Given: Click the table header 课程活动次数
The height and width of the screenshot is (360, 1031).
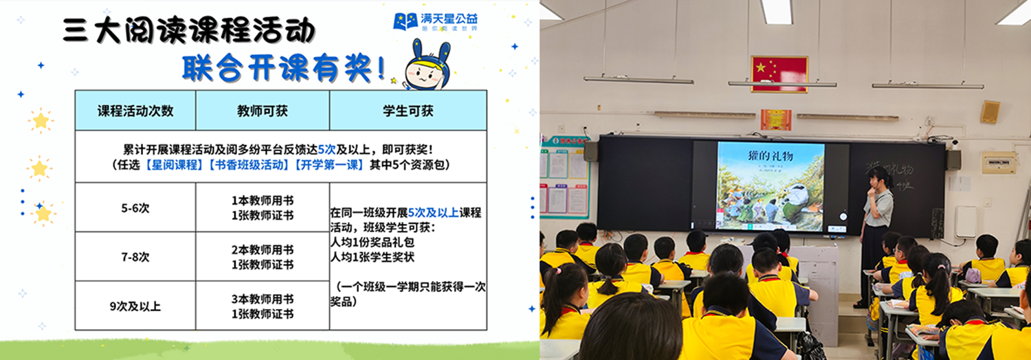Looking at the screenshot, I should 135,111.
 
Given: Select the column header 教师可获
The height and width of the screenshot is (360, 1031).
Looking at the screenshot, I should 262,111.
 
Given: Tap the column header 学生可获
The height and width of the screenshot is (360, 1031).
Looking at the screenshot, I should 408,111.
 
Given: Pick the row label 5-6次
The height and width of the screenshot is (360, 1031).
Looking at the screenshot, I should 135,207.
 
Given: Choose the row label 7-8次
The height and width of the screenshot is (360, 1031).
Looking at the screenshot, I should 135,257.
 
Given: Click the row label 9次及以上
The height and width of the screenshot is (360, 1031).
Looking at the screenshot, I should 135,306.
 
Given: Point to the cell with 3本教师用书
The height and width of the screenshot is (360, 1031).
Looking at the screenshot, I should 262,299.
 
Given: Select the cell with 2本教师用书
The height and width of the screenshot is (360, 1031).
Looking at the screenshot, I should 262,249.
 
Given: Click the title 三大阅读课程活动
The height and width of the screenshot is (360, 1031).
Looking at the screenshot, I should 189,32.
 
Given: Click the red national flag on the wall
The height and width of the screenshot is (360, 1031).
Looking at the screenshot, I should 779,74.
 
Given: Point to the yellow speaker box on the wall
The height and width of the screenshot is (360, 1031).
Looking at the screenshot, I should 990,112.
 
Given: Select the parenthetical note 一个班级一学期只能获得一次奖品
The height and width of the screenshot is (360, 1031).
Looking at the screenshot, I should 408,293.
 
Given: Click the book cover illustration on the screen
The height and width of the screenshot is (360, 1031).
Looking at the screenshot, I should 770,196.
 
